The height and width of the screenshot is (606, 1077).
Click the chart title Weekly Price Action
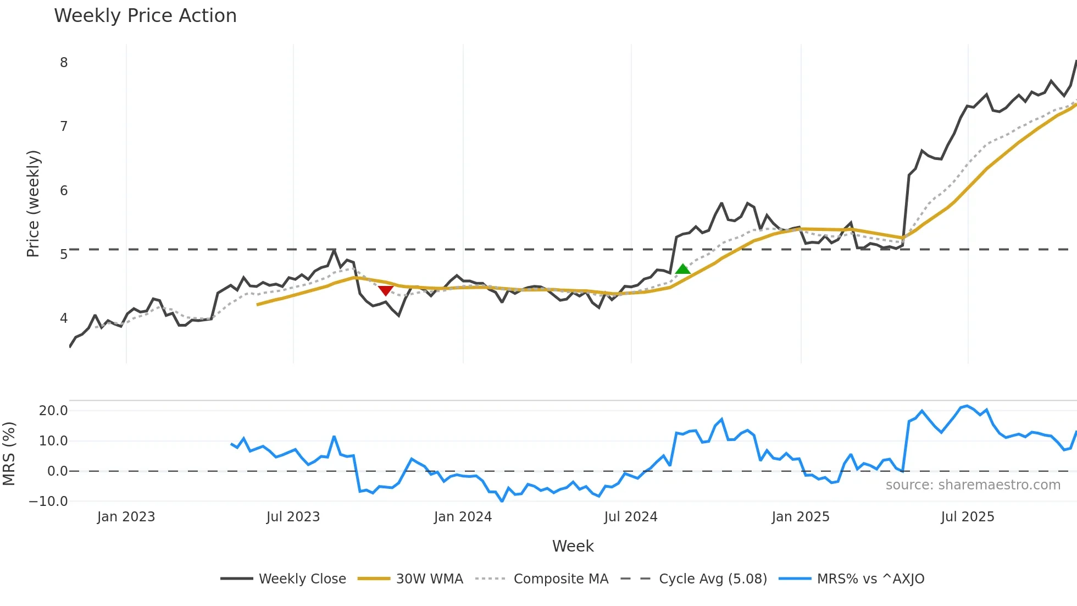tap(145, 16)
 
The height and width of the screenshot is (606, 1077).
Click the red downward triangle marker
tap(386, 290)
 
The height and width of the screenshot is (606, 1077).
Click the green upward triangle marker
tap(682, 269)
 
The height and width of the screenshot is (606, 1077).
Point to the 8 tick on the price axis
tap(64, 63)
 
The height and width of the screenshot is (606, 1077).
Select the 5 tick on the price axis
tap(64, 255)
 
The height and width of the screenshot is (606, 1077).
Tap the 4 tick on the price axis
tap(64, 318)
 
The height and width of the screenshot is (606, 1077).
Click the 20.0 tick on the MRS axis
tap(53, 411)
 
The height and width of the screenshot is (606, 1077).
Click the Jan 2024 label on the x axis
tap(463, 517)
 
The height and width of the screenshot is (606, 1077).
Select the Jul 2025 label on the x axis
tap(967, 517)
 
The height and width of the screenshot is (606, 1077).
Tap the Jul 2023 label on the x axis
tap(293, 517)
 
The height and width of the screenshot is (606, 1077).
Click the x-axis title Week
tap(573, 546)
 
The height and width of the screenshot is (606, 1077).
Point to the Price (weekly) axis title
tap(33, 203)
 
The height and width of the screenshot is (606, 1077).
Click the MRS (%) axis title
tap(9, 454)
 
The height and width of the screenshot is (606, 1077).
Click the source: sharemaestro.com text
tap(973, 485)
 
